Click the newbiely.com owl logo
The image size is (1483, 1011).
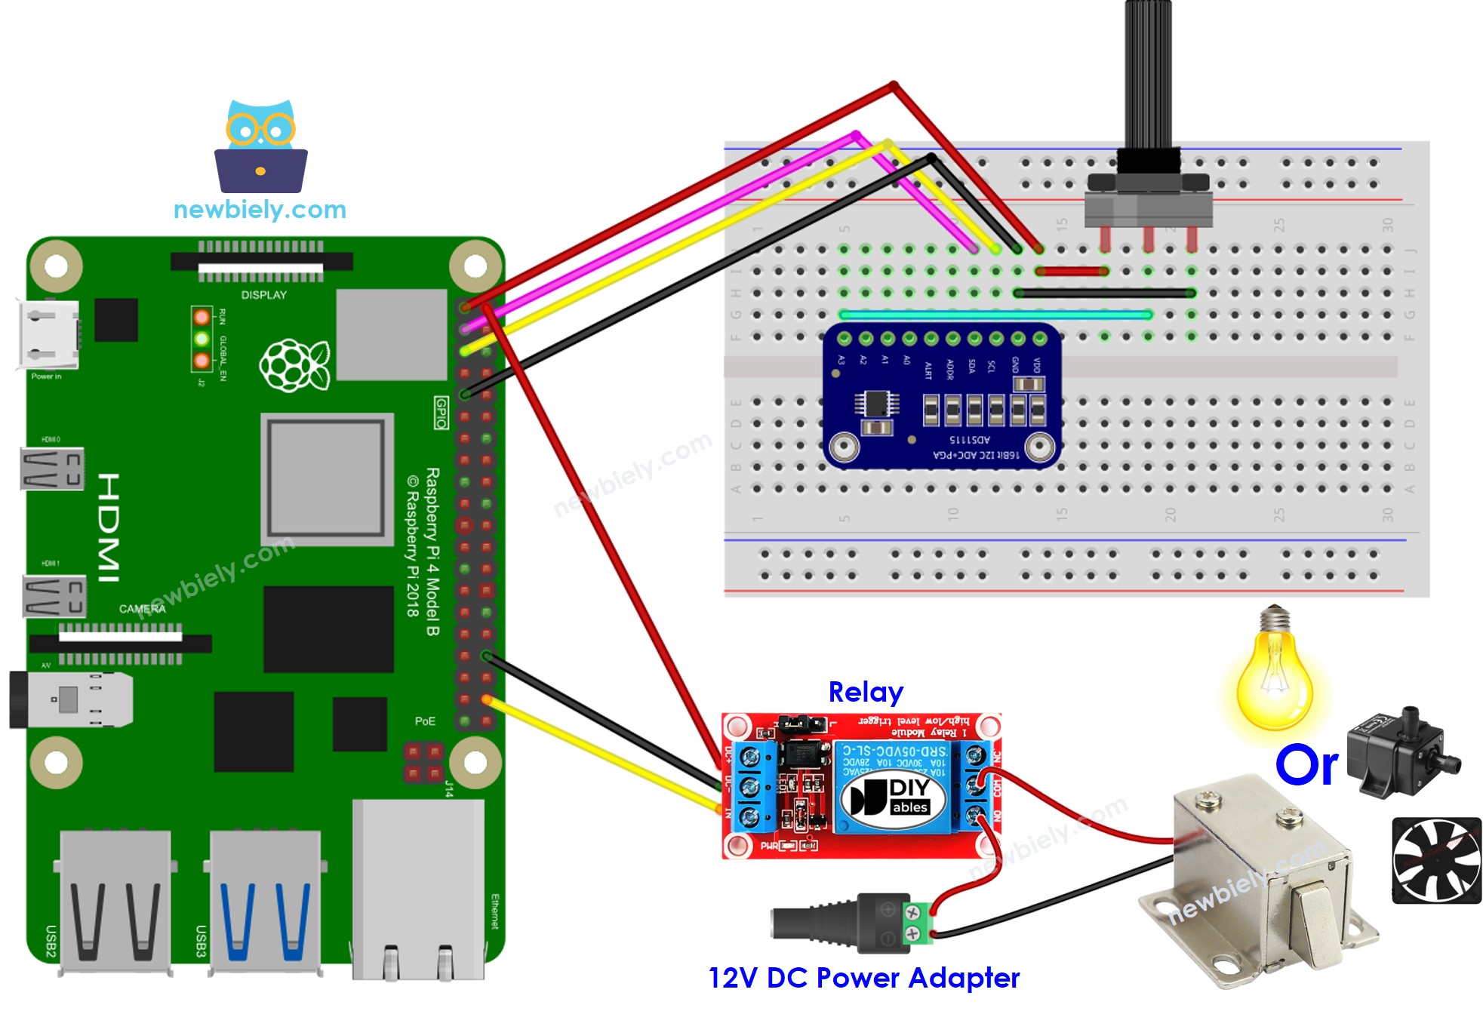[x=260, y=147]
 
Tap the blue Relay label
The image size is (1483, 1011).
[x=865, y=692]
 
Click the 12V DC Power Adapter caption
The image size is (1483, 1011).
[x=863, y=978]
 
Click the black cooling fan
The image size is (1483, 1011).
[x=1435, y=860]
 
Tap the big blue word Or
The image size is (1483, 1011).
[x=1306, y=765]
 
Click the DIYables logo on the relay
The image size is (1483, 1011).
[x=894, y=797]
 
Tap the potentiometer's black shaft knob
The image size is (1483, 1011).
[x=1148, y=75]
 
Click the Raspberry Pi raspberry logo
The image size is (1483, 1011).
[x=294, y=366]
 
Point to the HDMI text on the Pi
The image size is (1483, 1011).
[x=109, y=528]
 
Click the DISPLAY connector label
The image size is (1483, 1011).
[x=263, y=295]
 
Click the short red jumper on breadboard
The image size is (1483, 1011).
[x=1072, y=271]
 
